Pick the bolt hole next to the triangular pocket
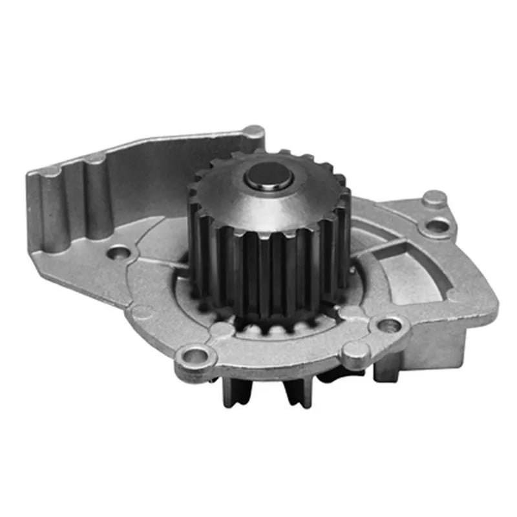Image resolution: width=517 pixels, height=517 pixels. [x=388, y=324]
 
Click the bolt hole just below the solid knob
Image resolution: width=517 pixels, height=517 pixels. [x=438, y=226]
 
